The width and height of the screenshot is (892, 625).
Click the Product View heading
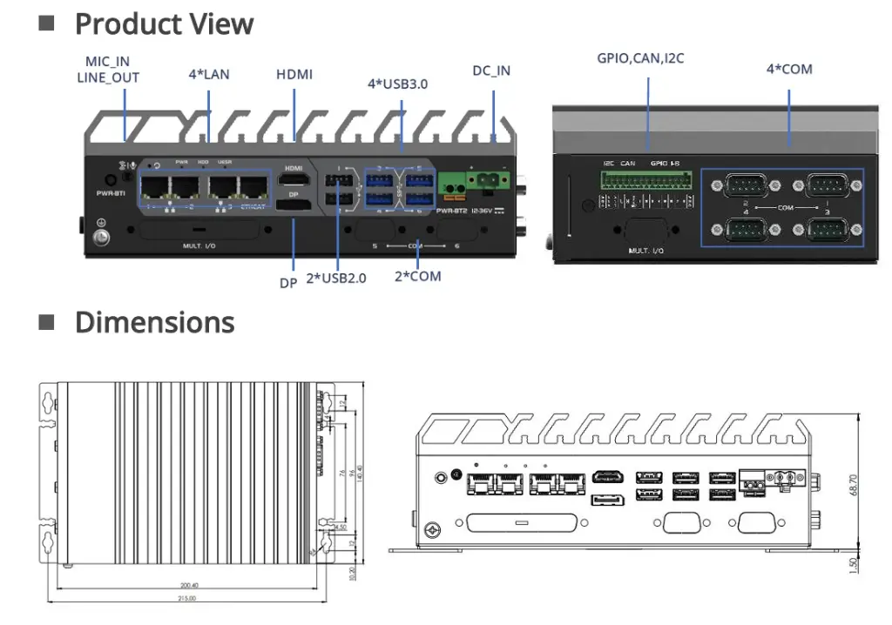[164, 24]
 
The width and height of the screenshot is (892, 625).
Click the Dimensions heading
[154, 322]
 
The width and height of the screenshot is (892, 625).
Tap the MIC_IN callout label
[107, 62]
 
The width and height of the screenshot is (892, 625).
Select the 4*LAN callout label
[209, 74]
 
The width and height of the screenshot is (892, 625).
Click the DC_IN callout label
[491, 71]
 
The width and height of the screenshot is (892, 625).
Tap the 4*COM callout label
[789, 68]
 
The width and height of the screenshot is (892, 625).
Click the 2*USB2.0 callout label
[336, 279]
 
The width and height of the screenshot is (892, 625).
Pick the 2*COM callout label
[418, 276]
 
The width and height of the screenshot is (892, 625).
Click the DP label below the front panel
[288, 282]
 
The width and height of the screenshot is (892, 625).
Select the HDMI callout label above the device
[294, 74]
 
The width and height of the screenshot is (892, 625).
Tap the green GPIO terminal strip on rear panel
[647, 180]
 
